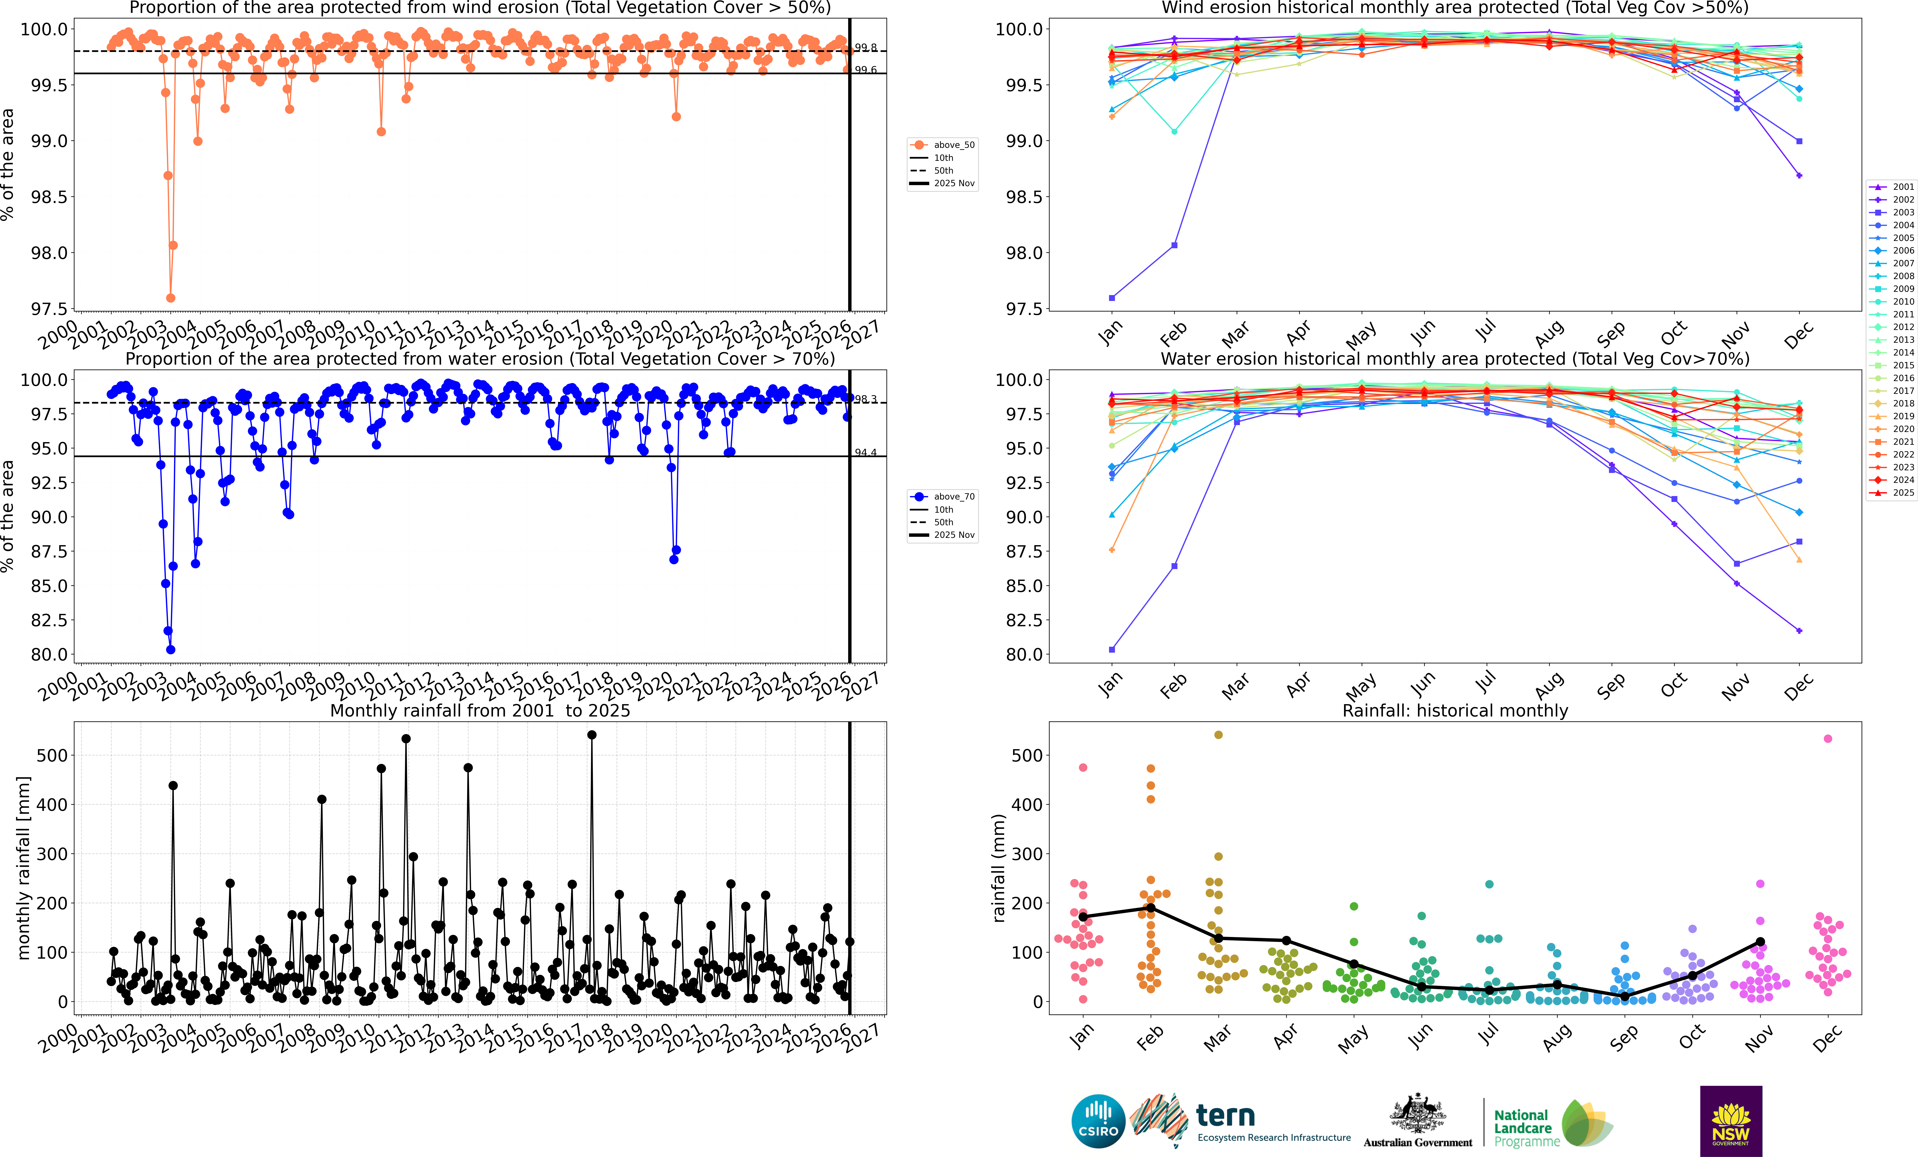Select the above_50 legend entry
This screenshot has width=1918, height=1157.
942,145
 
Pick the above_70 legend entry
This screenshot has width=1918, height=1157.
942,496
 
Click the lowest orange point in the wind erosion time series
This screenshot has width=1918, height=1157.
170,298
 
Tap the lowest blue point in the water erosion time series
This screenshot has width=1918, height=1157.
170,650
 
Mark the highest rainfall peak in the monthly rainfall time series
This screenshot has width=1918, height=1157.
592,735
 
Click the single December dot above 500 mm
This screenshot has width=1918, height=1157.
1828,738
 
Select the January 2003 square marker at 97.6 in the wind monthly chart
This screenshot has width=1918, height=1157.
1111,298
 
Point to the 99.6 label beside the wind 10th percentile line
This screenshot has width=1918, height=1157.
866,70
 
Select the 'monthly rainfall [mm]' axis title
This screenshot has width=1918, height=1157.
23,868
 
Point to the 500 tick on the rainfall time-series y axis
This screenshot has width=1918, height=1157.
52,755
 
